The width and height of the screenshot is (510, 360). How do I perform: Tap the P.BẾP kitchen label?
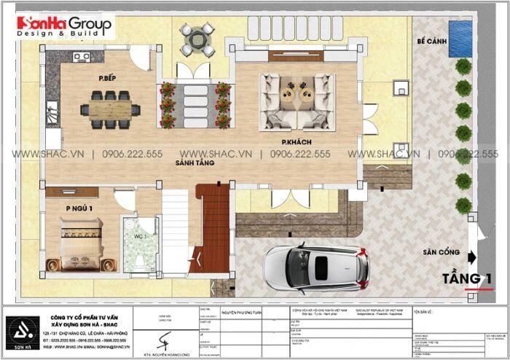coord(111,77)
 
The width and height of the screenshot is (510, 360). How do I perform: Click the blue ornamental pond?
coord(459,39)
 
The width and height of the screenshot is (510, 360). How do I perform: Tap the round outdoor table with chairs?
coord(197,39)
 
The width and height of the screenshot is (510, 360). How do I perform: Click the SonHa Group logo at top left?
coord(65,27)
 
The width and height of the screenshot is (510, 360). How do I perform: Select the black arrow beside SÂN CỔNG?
coord(471,256)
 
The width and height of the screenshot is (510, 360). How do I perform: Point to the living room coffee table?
coord(299,94)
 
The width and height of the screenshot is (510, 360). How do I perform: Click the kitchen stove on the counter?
coord(81,56)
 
